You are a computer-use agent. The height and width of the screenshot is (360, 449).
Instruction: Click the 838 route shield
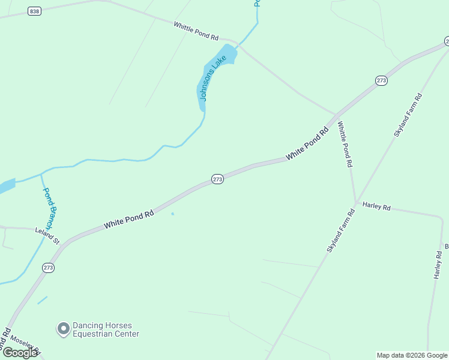34,11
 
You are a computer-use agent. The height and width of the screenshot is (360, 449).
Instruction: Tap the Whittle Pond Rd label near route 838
196,31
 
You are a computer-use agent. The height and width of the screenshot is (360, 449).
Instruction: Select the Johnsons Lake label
212,78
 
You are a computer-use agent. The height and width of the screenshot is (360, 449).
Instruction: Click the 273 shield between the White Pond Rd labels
217,179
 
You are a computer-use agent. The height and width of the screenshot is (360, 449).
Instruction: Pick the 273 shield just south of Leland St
48,268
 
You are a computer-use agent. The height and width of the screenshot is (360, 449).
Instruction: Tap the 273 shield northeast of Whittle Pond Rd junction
381,80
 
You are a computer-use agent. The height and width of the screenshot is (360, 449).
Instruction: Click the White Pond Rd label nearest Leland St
128,218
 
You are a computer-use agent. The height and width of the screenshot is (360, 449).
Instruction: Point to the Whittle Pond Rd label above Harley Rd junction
345,144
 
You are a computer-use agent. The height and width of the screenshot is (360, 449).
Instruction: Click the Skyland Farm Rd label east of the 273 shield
408,115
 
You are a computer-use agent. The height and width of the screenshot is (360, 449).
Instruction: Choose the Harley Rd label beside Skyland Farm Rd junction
376,206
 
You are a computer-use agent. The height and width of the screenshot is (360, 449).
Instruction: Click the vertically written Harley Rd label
438,265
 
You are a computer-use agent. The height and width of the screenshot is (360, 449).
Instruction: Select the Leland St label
47,235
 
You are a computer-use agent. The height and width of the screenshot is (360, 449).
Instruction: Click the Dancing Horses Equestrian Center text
106,330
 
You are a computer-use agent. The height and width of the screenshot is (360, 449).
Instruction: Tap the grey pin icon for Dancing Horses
62,329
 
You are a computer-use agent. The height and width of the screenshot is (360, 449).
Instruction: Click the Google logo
20,353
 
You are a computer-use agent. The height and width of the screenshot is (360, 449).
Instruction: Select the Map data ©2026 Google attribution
412,355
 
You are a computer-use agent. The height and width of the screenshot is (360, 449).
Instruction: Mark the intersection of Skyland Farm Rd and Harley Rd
355,202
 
